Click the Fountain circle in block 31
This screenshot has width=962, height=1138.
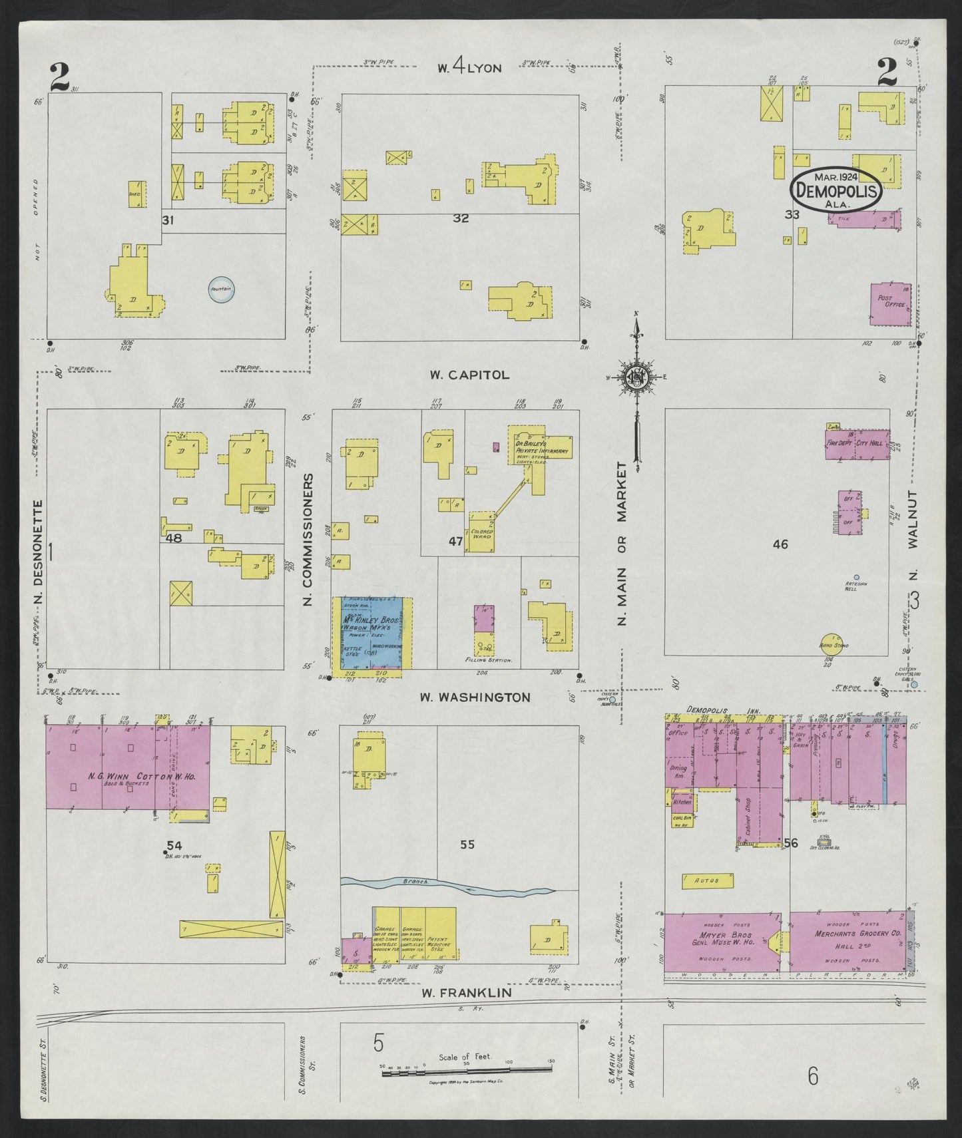221,290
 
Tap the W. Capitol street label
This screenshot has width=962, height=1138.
469,375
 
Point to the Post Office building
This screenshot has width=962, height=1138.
890,304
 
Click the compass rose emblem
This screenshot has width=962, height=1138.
636,377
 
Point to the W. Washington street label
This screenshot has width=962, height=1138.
475,697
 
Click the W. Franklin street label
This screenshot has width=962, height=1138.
466,992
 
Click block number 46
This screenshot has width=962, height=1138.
780,544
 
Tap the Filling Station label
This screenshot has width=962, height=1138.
488,660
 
